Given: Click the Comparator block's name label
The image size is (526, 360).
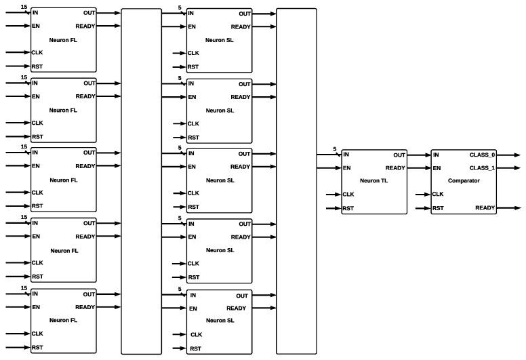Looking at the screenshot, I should pos(464,181).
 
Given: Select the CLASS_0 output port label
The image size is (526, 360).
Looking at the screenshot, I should pos(482,155).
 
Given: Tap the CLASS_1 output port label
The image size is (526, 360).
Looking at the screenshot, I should pos(482,168).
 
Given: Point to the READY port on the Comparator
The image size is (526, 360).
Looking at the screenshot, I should pos(485,207).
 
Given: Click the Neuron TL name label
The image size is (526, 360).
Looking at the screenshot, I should pos(374,181).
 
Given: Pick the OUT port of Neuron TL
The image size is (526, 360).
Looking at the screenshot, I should pos(399,155).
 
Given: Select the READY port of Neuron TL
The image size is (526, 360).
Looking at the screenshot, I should pos(395,168).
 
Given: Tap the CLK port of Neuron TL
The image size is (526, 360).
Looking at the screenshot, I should pos(348,195).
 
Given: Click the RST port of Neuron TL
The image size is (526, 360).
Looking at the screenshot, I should pos(348,208).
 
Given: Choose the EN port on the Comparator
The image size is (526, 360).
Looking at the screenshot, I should pos(437,168).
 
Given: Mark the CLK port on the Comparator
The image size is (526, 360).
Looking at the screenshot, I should pos(438,194).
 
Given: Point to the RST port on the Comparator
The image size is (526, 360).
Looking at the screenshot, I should pos(438,207).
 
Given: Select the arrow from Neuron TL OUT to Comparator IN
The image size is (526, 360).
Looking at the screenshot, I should pos(419,155).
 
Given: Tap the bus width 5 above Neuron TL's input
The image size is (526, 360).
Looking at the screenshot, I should pos(335,149).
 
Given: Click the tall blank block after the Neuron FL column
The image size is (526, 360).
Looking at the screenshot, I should pos(141,181).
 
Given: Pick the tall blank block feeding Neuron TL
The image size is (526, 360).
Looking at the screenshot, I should pos(296,181).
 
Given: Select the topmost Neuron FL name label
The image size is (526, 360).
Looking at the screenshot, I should pos(64,39).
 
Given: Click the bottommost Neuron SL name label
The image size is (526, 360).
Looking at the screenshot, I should pos(220,320).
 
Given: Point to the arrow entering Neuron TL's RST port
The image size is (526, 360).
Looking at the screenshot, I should pos(333,208).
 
